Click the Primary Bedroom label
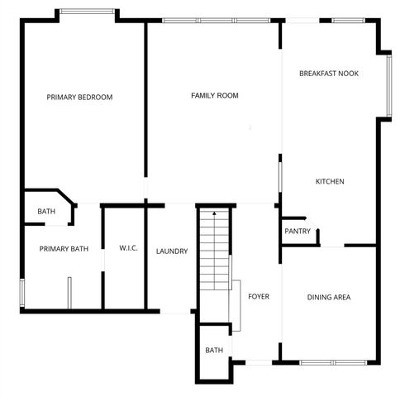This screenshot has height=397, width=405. coord(79,98)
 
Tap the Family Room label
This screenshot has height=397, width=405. coord(215,96)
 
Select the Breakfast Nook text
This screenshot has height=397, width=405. coord(329,74)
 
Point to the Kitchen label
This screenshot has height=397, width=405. coord(330,182)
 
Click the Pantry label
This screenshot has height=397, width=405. coord(297,232)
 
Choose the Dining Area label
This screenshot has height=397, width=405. coord(330,298)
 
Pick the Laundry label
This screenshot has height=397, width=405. coord(172,251)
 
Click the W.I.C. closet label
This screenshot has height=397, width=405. coord(128,248)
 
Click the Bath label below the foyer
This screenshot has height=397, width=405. coord(214,351)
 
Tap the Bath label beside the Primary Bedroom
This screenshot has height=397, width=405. coord(46,212)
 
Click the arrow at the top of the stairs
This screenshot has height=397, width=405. coord(214,214)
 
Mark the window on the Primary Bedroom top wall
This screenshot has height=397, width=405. coord(87,11)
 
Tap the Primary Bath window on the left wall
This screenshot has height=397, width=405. coord(21,294)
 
